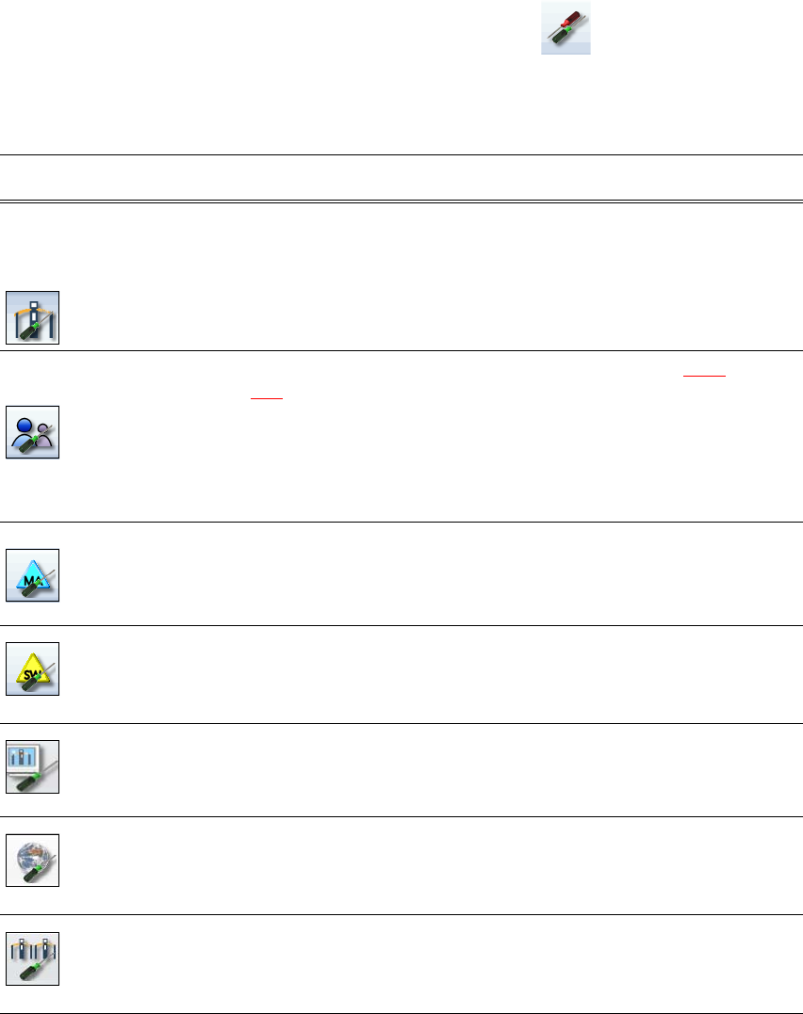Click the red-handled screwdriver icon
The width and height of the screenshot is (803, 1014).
pyautogui.click(x=565, y=28)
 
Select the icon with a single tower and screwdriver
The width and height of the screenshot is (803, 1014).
pyautogui.click(x=33, y=317)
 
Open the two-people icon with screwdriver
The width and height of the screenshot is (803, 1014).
pyautogui.click(x=33, y=432)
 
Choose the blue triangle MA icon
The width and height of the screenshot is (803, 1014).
pyautogui.click(x=33, y=575)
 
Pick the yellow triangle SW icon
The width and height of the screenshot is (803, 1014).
pyautogui.click(x=33, y=669)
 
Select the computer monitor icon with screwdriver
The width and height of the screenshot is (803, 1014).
pyautogui.click(x=33, y=766)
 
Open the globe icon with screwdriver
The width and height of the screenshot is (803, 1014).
pyautogui.click(x=33, y=860)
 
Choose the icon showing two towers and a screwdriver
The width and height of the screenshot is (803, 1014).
pyautogui.click(x=33, y=958)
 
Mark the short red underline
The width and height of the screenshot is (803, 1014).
pyautogui.click(x=266, y=396)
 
